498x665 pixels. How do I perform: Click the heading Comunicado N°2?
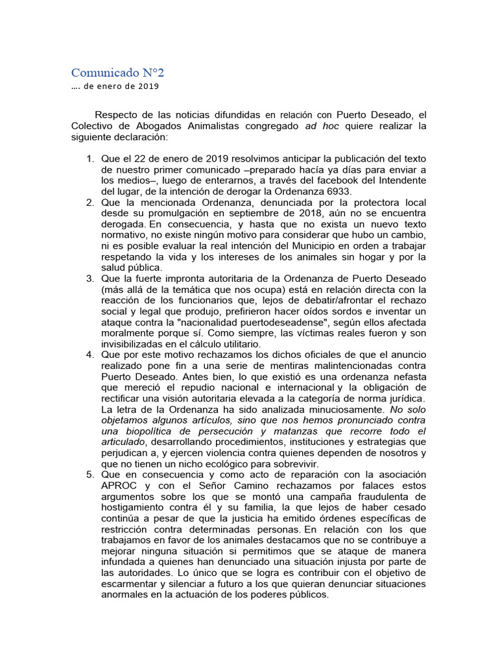tap(113, 71)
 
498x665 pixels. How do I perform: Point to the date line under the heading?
tap(115, 86)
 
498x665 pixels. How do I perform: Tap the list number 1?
tap(90, 159)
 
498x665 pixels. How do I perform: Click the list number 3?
tap(90, 279)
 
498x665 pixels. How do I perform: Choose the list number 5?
tap(90, 475)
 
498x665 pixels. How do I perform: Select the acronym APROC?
tap(121, 486)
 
